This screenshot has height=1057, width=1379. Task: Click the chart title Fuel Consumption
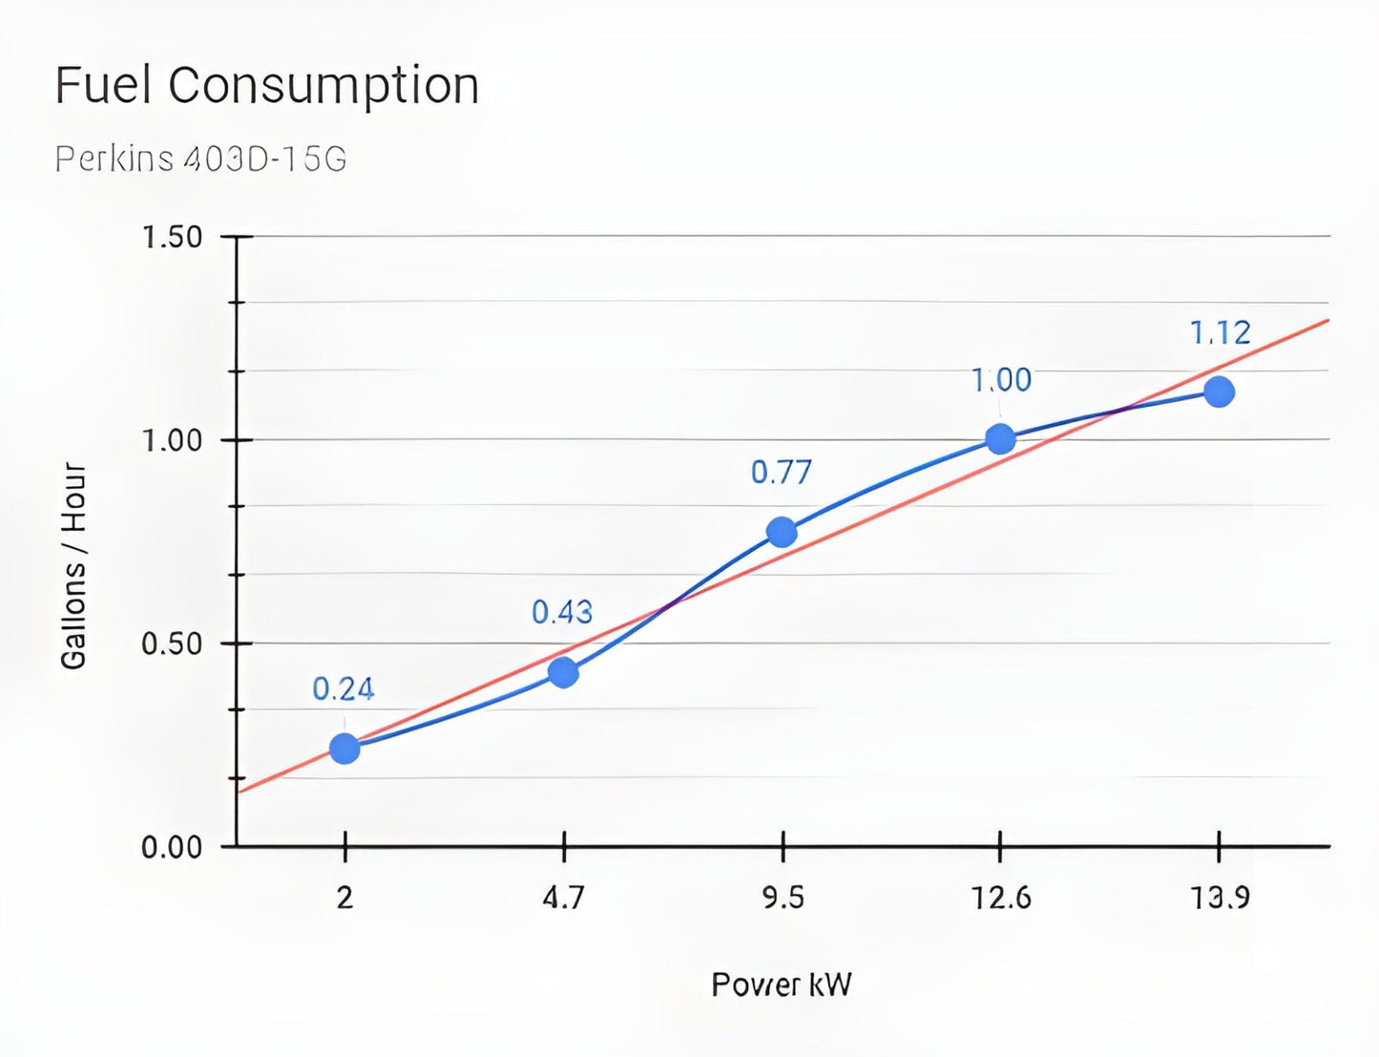coord(266,86)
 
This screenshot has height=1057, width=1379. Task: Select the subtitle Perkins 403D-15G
coord(200,159)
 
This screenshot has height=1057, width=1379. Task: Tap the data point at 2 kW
coord(345,749)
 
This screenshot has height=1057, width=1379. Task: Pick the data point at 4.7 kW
coord(563,673)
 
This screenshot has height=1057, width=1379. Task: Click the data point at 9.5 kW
coord(782,532)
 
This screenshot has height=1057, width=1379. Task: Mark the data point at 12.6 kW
coord(1000,439)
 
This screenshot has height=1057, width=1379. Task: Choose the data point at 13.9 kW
coord(1219,391)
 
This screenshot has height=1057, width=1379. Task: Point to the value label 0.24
coord(344,689)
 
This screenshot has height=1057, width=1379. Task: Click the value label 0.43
coord(562,612)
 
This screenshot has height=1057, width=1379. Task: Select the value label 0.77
coord(781,473)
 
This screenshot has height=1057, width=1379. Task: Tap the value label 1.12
coord(1220,333)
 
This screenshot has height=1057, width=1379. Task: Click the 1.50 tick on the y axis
coord(172,237)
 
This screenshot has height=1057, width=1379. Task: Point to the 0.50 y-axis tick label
coord(172,644)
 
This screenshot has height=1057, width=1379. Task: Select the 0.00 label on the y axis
coord(172,848)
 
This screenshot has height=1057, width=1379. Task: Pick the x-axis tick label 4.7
coord(563,898)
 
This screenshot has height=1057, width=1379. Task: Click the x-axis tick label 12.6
coord(1001,898)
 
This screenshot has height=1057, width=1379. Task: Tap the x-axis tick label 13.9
coord(1220,898)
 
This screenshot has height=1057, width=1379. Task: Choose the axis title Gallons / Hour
coord(74,566)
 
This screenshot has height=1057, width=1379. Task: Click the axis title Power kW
coord(782,984)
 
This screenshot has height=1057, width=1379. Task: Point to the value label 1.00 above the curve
coord(1001,380)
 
